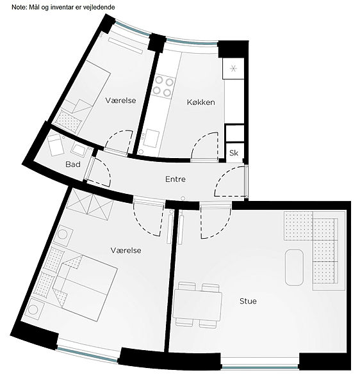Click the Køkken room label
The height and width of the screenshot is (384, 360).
click(200, 102)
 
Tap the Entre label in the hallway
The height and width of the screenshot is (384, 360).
click(176, 179)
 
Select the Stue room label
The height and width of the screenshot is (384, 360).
click(248, 301)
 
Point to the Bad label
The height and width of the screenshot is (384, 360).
click(73, 164)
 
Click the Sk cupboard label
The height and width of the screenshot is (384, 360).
click(234, 153)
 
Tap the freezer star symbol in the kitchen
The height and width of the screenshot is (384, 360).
click(233, 68)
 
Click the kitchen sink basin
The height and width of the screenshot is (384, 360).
click(151, 138)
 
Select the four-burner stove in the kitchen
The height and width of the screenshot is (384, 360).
click(163, 86)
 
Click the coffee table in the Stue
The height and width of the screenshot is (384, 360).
click(294, 268)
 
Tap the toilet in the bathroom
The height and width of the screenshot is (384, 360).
click(55, 145)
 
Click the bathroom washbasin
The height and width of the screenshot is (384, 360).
click(78, 150)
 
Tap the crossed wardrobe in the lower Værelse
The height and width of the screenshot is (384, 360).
click(90, 204)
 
